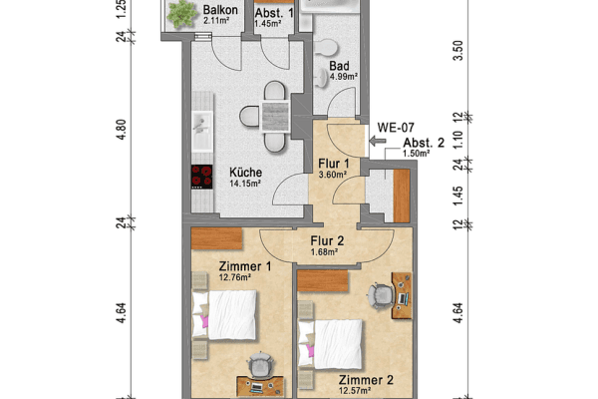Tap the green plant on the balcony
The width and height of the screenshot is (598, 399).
[x=181, y=13]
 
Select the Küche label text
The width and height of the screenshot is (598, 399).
[x=244, y=171]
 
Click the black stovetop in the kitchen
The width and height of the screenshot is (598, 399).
[x=202, y=177]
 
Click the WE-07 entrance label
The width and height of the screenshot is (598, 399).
[x=395, y=128]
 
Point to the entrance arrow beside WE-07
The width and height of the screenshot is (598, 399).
[x=377, y=143]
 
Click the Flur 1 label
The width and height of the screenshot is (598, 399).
[x=332, y=165]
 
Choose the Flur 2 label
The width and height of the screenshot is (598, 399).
[x=326, y=239]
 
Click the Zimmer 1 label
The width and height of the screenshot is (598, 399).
[x=245, y=266]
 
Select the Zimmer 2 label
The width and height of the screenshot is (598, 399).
[x=365, y=380]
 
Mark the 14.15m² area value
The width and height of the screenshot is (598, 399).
[x=244, y=184]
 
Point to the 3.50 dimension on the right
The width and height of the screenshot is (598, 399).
[x=457, y=52]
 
